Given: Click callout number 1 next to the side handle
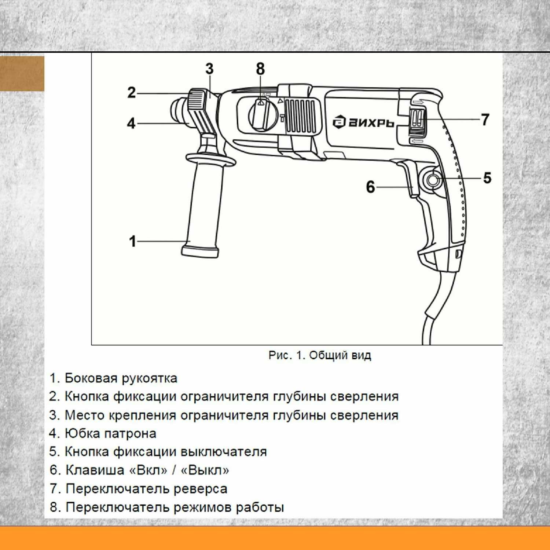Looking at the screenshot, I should pyautogui.click(x=132, y=242).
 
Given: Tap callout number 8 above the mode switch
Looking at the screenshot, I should pyautogui.click(x=260, y=69).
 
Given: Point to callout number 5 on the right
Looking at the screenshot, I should pyautogui.click(x=487, y=178).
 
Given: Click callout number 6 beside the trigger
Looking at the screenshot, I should pyautogui.click(x=370, y=187).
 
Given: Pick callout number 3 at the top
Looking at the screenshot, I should pyautogui.click(x=209, y=69).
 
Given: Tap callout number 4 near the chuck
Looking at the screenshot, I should pyautogui.click(x=131, y=123).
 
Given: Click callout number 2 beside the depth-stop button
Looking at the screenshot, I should pyautogui.click(x=132, y=92).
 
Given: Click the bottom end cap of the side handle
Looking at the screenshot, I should pyautogui.click(x=200, y=252).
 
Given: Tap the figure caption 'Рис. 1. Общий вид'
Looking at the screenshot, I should pyautogui.click(x=319, y=355).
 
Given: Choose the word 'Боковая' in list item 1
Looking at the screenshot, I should pyautogui.click(x=91, y=378).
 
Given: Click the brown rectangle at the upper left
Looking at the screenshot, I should pyautogui.click(x=22, y=73).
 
